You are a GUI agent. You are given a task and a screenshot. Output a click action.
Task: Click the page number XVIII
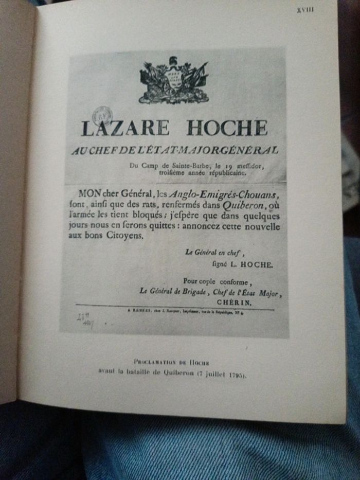click(305, 9)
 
